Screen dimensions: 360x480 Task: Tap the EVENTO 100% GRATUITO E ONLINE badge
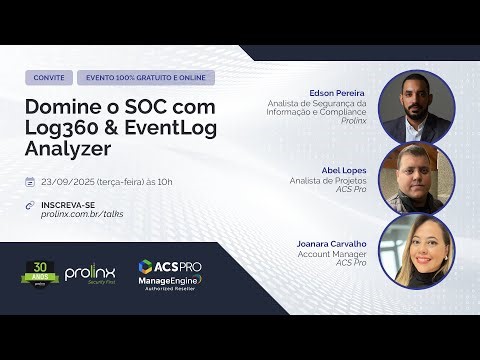(x=145, y=77)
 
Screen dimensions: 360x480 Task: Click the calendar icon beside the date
(x=33, y=182)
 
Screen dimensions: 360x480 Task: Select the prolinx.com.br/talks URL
(x=82, y=214)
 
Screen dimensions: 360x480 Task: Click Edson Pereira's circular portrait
(x=416, y=107)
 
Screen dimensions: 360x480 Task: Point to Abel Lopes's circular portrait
(x=416, y=178)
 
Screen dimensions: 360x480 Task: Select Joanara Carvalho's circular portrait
(x=416, y=250)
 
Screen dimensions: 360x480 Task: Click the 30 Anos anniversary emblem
(x=41, y=273)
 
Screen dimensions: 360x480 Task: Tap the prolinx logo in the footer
(x=91, y=273)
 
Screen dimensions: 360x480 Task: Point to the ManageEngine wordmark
(x=171, y=283)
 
